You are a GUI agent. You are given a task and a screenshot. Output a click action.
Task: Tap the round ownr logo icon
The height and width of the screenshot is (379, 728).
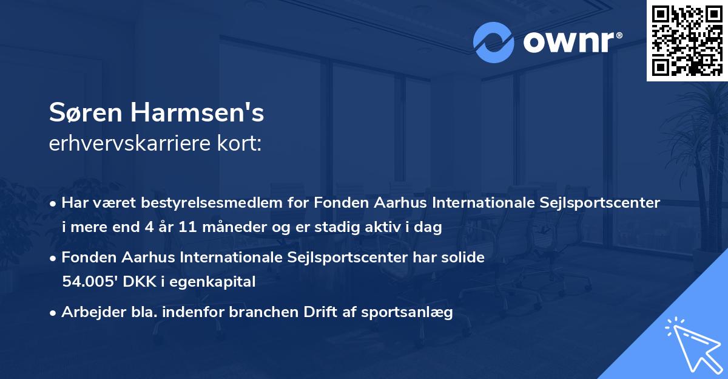click(x=494, y=42)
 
